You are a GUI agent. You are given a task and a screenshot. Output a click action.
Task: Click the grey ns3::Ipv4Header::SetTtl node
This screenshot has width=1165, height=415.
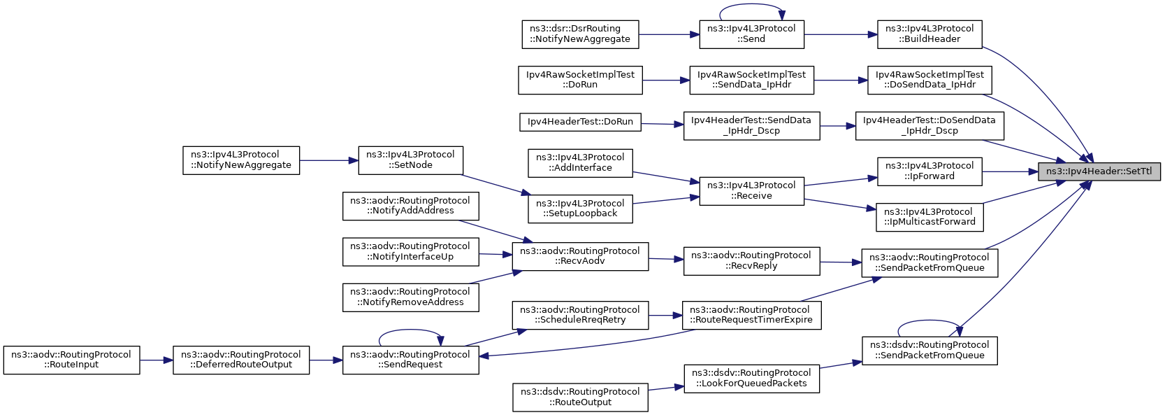coord(1099,171)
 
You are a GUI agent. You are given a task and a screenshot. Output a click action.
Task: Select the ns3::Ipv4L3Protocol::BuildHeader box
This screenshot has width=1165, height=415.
coord(929,34)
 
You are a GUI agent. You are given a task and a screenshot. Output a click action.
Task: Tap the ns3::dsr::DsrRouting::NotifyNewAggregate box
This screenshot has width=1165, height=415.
coord(580,34)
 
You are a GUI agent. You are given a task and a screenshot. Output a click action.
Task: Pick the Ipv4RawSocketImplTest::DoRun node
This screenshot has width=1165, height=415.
coord(580,80)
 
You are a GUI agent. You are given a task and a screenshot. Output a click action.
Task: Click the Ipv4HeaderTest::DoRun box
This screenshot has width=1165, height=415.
coord(580,122)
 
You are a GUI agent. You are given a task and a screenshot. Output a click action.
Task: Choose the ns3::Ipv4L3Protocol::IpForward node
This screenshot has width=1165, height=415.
coord(929,171)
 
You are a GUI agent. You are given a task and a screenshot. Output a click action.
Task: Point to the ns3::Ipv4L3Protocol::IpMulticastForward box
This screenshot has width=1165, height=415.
coord(929,217)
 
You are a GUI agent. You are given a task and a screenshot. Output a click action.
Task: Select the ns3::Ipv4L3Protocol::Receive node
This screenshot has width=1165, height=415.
coord(751,190)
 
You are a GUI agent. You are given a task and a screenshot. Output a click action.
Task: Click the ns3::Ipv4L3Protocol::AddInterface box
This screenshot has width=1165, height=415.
coord(580,163)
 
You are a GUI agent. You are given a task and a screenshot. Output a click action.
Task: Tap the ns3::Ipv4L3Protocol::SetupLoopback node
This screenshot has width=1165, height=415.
coord(580,209)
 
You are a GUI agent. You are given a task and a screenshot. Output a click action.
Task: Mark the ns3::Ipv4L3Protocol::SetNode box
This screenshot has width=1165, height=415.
coord(410,160)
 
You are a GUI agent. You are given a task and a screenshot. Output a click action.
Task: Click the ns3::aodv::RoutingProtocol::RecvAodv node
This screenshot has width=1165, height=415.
coord(580,256)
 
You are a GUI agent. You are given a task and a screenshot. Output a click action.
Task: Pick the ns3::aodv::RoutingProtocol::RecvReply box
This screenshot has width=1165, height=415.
coord(751,261)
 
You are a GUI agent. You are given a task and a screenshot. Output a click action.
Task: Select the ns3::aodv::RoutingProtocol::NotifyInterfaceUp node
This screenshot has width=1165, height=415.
coord(410,252)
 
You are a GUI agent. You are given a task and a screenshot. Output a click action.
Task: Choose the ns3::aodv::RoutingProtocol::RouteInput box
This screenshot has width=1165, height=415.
coord(71,360)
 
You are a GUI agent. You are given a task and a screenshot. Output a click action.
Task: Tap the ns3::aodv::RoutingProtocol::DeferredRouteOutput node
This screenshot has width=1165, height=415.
coord(241,360)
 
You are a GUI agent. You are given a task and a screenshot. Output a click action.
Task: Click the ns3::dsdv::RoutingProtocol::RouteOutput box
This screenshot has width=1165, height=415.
coord(580,398)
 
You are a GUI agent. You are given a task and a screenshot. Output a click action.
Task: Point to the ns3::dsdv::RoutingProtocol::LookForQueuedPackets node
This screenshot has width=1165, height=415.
coord(751,379)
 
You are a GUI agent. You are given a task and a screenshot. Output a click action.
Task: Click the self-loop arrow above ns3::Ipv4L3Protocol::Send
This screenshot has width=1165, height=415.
coord(751,6)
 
